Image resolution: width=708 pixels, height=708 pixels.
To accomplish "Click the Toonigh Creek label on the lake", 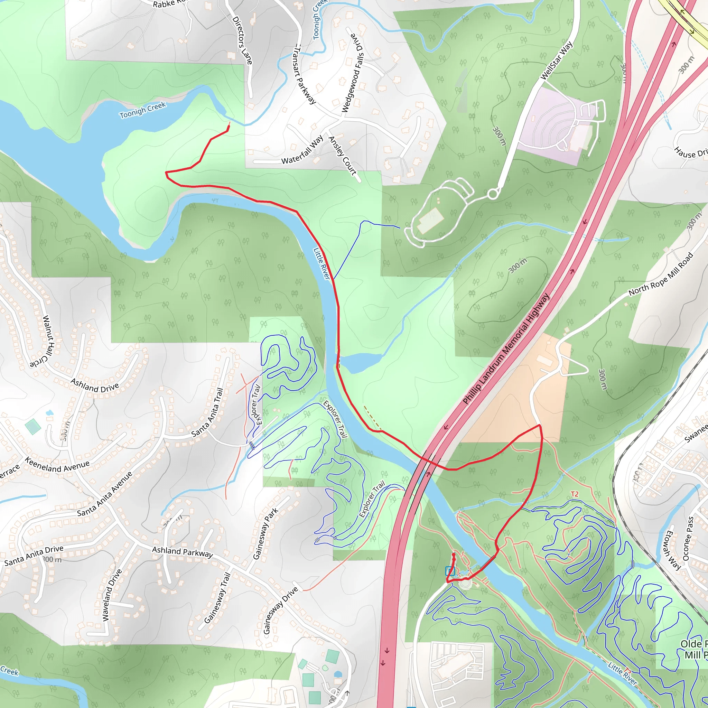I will [142, 110].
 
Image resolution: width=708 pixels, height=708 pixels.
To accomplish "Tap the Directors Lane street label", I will [242, 41].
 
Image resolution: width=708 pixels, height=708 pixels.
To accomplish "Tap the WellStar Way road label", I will [556, 60].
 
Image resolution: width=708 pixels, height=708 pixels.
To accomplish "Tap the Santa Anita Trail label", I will [207, 413].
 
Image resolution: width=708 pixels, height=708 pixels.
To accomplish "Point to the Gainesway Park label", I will [266, 533].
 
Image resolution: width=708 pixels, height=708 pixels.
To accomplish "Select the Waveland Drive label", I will [112, 595].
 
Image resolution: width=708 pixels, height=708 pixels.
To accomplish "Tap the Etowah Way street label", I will [673, 550].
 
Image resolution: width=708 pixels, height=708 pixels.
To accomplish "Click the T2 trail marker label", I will [574, 494].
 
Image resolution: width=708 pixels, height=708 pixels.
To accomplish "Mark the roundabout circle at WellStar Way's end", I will [493, 194].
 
